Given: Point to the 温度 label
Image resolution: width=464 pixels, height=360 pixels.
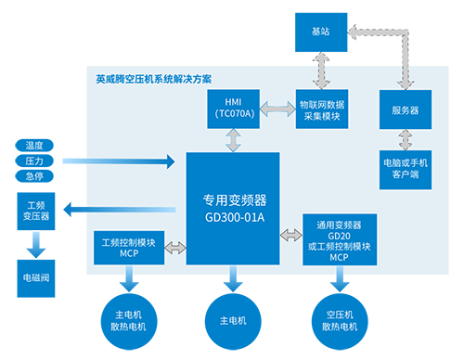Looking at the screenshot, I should tap(34, 146).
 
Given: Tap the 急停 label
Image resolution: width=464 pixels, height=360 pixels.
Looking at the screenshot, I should tap(34, 175).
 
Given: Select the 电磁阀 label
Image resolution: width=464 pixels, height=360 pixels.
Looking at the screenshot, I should tap(34, 276).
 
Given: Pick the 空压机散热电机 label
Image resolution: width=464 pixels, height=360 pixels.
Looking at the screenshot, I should tap(339, 320).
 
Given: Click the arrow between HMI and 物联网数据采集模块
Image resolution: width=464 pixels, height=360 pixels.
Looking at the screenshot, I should tap(277, 109).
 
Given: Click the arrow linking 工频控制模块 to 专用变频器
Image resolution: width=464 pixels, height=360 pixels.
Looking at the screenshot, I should tap(175, 248).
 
